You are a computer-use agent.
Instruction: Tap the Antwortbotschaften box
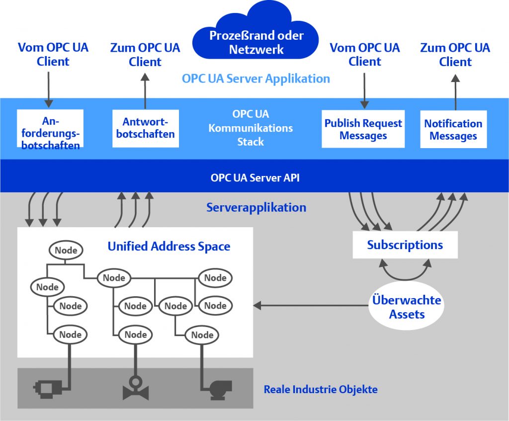tap(145, 128)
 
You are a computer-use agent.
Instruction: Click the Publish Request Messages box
tap(363, 129)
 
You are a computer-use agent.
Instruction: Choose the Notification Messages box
tap(453, 129)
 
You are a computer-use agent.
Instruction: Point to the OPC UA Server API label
tap(255, 177)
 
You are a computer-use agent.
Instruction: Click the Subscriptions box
tap(405, 245)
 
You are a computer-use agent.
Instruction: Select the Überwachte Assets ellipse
tap(407, 307)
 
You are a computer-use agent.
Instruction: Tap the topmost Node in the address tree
tap(66, 250)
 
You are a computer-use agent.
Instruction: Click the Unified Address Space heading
tap(169, 246)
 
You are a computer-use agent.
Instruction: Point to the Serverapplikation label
tap(256, 207)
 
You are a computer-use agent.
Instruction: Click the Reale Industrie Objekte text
tap(321, 389)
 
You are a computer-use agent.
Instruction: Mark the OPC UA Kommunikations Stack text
tap(250, 128)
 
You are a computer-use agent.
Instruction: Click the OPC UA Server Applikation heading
tap(255, 79)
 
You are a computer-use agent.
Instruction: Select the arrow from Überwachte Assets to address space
tap(308, 304)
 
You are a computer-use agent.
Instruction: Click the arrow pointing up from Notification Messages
tap(455, 92)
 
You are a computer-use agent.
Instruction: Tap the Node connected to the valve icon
tap(136, 335)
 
